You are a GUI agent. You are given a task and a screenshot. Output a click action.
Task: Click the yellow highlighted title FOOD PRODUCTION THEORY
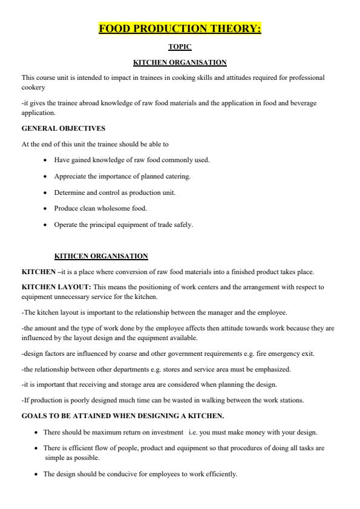180,28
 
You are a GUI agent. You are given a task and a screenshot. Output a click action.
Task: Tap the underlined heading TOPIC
180,47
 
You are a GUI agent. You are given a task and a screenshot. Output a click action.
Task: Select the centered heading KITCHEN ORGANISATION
180,62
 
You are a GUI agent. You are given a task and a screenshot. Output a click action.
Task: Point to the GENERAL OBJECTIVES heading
55,128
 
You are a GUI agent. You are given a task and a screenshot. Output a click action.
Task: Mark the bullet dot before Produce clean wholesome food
45,209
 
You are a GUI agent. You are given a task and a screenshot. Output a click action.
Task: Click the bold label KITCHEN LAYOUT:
56,287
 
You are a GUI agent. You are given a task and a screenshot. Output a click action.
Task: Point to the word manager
224,312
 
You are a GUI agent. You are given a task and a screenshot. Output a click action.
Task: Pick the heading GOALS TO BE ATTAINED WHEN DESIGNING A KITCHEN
122,416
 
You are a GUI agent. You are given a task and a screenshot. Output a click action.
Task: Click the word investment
164,432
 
